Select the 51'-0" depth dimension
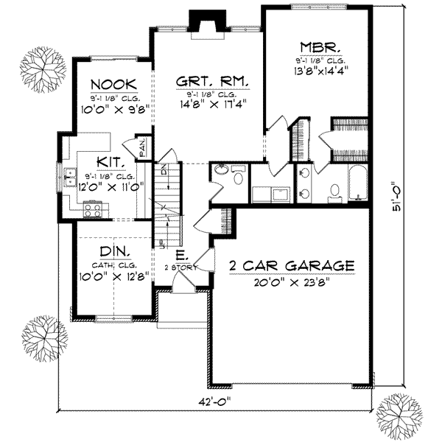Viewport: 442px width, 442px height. tap(399, 208)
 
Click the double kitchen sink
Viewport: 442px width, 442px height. tap(70, 177)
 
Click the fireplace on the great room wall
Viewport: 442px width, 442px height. tap(199, 21)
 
